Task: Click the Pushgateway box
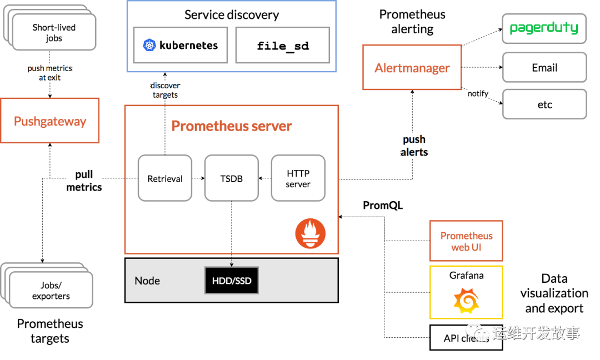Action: click(50, 121)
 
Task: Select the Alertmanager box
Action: click(412, 68)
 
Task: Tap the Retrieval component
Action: click(165, 178)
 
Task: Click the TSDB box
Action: click(232, 178)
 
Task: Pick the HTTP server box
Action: click(298, 178)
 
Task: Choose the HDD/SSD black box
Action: click(232, 281)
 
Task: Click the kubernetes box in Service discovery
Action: click(180, 45)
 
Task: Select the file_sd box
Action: click(283, 45)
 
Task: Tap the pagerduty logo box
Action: click(544, 28)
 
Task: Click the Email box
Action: click(544, 68)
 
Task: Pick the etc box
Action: click(544, 104)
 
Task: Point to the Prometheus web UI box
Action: click(466, 241)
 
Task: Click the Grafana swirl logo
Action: click(466, 301)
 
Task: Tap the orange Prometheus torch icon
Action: click(310, 233)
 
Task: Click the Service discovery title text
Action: click(231, 15)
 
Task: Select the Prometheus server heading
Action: click(231, 126)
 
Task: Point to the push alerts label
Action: click(414, 146)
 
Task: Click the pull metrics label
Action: click(84, 181)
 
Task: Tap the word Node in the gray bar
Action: click(147, 281)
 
